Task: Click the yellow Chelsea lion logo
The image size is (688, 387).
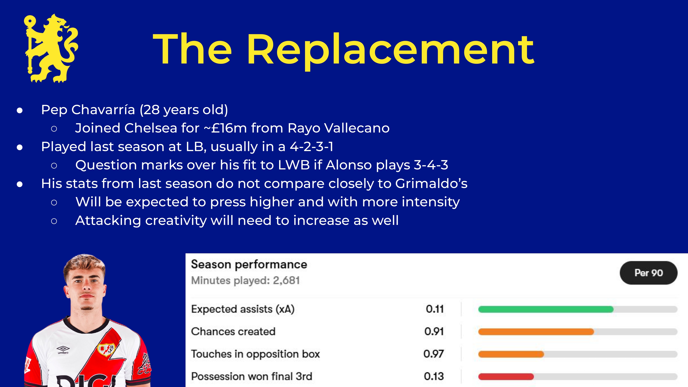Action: tap(51, 48)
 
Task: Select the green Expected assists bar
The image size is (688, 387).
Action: tap(546, 309)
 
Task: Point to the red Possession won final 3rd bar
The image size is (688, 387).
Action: tap(506, 377)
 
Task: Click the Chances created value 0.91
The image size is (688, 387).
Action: tap(434, 332)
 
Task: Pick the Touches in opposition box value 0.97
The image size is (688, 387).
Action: tap(434, 354)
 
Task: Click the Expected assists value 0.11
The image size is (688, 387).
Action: tap(435, 309)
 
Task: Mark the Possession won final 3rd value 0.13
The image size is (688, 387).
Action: tap(434, 376)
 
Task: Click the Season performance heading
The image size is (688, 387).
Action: tap(249, 264)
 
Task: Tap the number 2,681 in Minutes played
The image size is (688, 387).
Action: tap(286, 280)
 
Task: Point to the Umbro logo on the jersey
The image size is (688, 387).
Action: tap(63, 350)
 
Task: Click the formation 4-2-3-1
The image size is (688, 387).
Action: tap(312, 147)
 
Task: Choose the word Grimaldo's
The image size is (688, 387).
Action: tap(431, 183)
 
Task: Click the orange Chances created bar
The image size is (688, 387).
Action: tap(536, 332)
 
